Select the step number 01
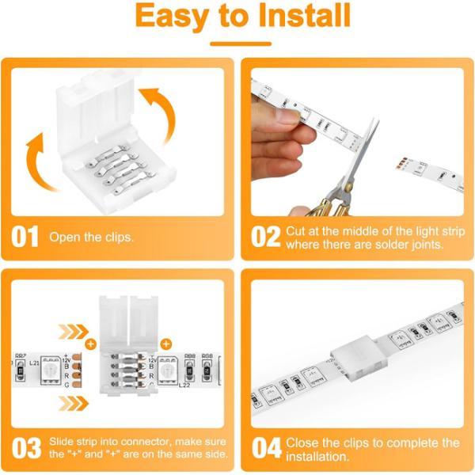tap(26, 237)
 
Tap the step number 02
tap(265, 237)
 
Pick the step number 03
tap(26, 448)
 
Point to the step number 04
tap(266, 448)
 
